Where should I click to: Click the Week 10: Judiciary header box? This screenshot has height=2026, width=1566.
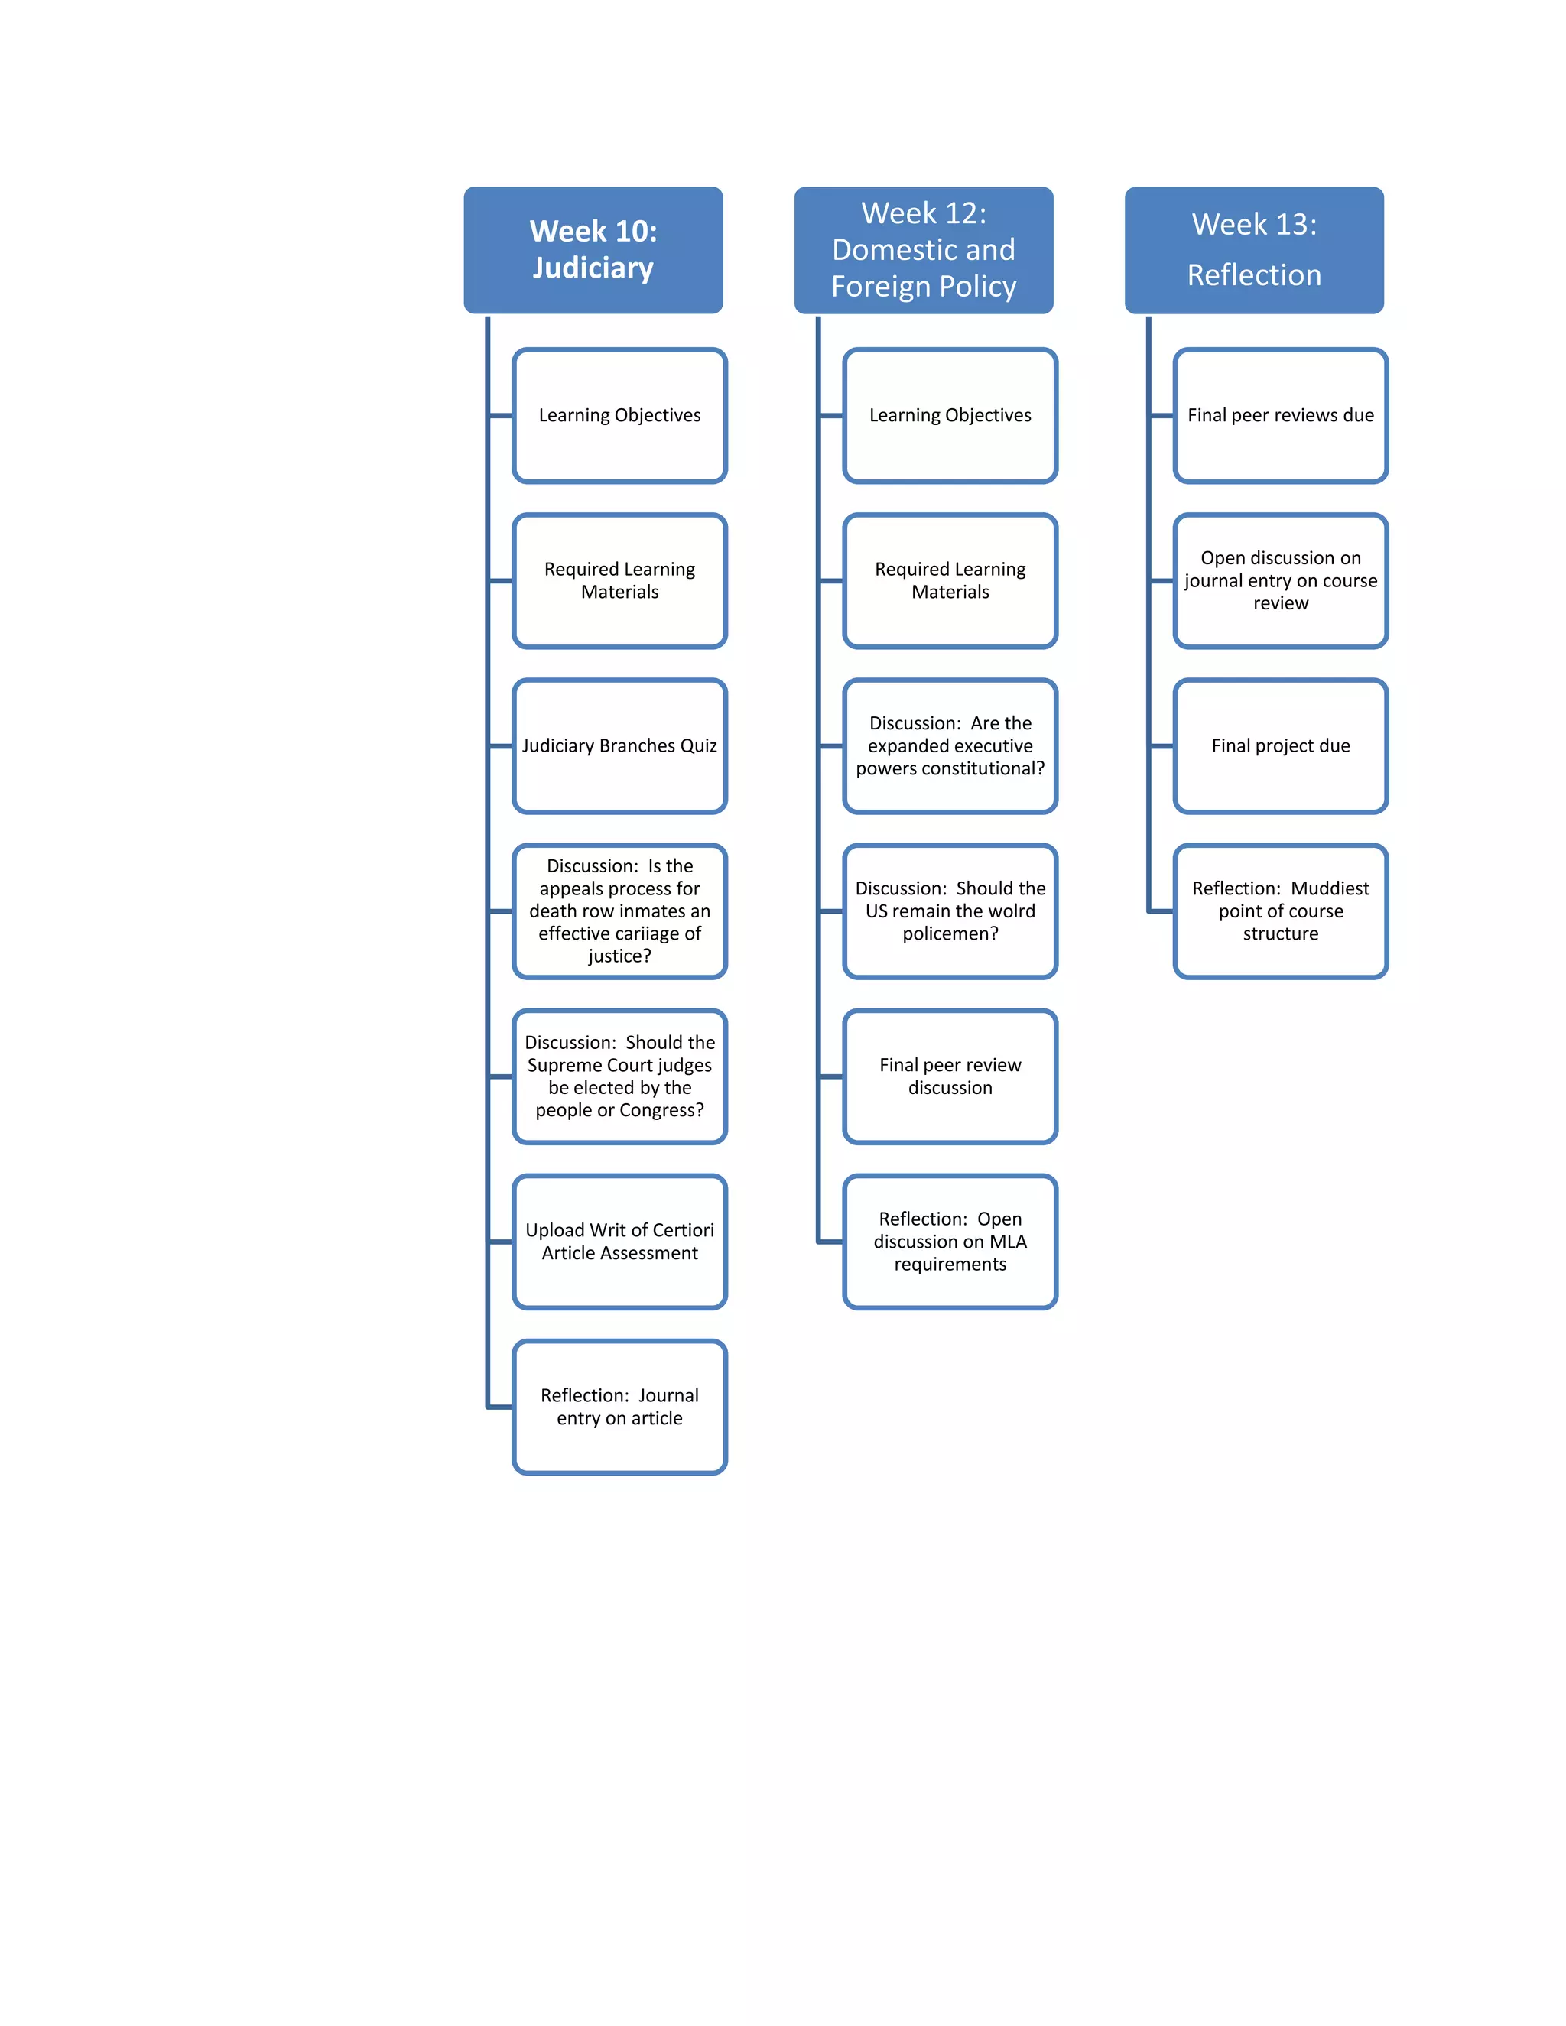(593, 249)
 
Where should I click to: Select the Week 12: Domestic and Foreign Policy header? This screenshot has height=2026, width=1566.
(923, 249)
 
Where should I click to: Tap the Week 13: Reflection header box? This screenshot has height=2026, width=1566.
(1253, 249)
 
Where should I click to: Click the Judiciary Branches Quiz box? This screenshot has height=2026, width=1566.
(619, 746)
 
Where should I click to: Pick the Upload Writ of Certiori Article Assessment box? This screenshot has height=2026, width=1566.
(619, 1241)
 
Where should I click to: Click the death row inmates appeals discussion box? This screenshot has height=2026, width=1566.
(619, 911)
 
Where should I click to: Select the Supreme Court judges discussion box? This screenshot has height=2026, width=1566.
(619, 1076)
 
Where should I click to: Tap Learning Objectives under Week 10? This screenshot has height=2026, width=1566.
(619, 416)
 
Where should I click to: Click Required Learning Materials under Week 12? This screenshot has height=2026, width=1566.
(950, 581)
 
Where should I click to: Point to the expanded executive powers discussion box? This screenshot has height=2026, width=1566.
(950, 746)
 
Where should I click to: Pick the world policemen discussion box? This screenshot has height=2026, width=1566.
(950, 911)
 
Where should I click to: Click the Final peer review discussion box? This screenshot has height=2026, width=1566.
(950, 1076)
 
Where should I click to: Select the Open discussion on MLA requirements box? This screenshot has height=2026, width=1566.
(950, 1241)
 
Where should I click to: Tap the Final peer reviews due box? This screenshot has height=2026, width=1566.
(1280, 416)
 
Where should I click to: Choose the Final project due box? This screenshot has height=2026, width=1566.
(1280, 746)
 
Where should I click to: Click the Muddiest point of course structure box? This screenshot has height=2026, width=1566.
(1280, 911)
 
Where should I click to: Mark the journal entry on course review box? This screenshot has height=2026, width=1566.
(1280, 581)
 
